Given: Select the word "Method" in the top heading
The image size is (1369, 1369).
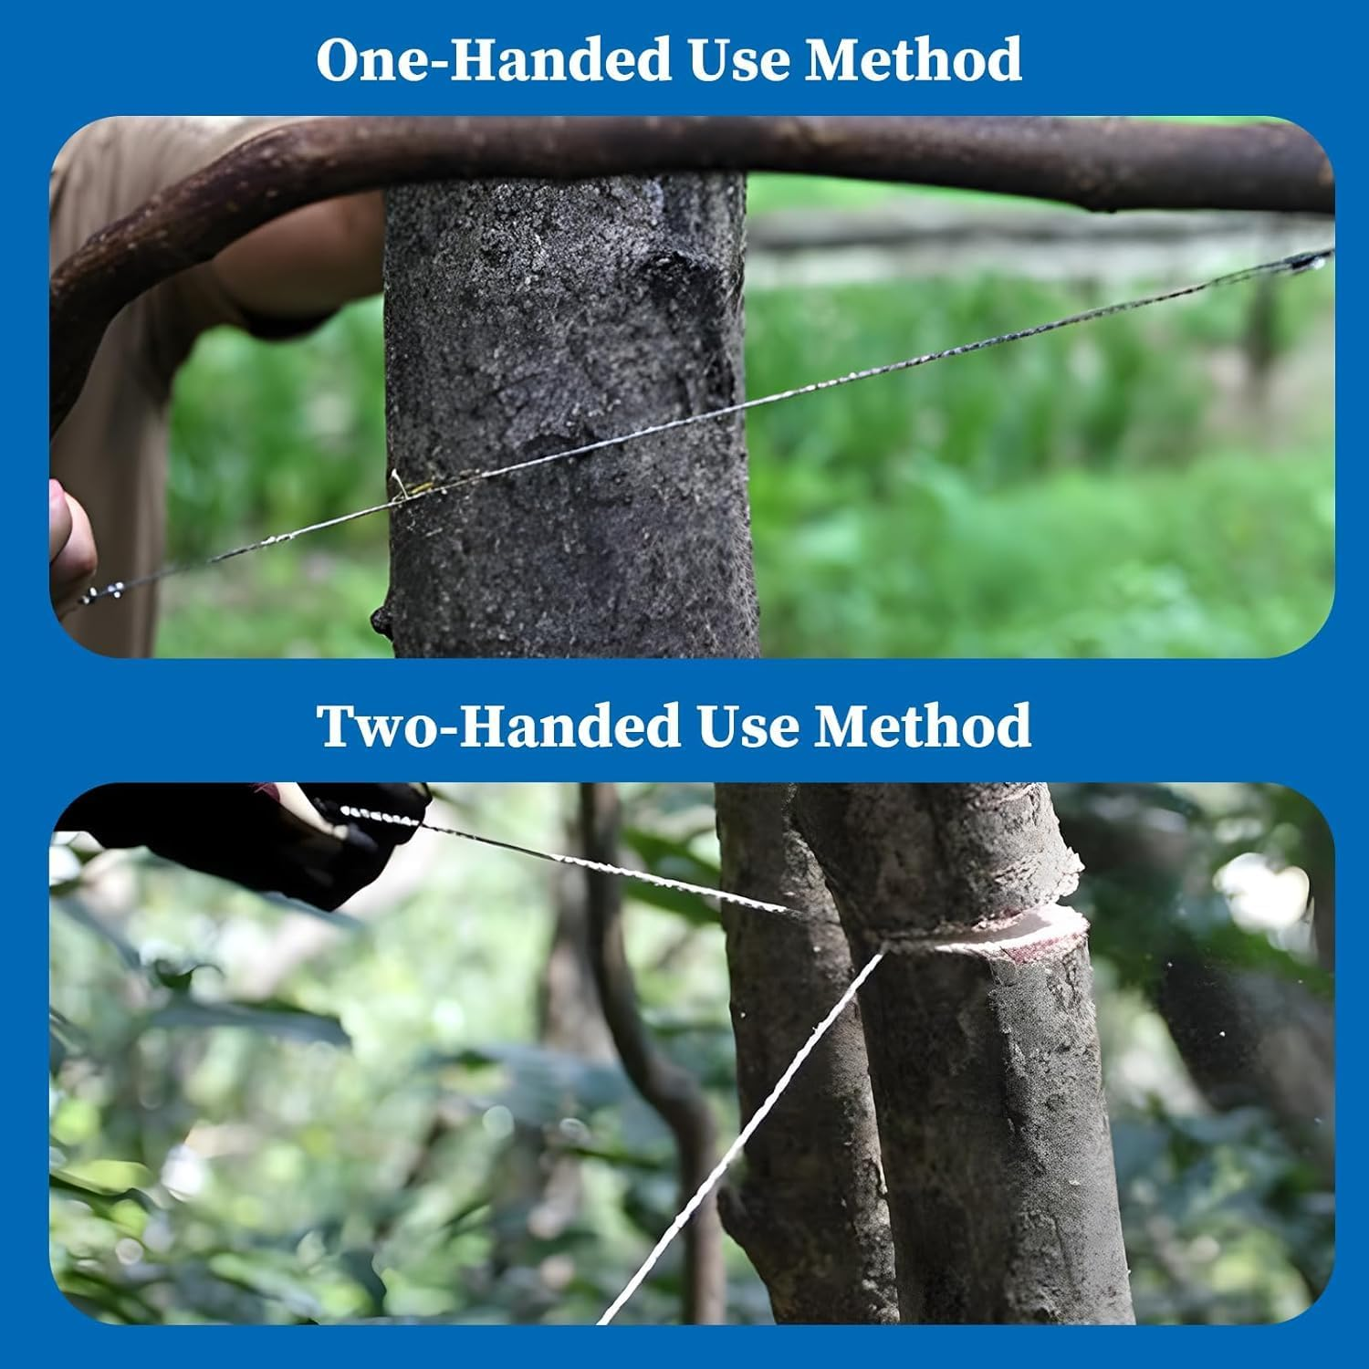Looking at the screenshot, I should [913, 60].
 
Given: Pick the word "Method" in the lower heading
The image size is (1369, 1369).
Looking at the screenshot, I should [923, 726].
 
